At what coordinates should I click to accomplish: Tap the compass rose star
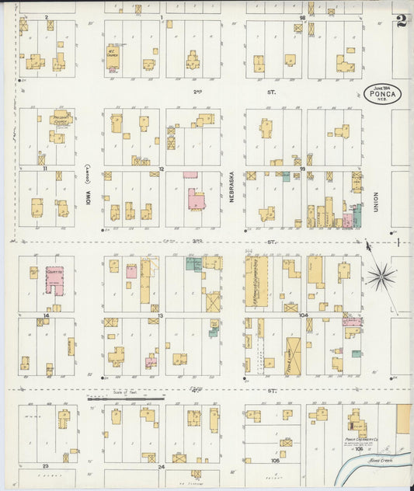click(x=382, y=275)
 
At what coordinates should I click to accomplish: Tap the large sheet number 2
click(x=402, y=21)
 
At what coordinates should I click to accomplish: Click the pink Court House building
click(x=54, y=280)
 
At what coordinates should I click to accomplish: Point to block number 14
click(x=47, y=316)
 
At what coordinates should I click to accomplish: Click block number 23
click(x=47, y=465)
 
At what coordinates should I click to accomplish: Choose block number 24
click(x=162, y=467)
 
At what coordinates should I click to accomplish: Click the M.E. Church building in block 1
click(x=113, y=56)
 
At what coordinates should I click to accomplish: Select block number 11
click(x=46, y=168)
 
